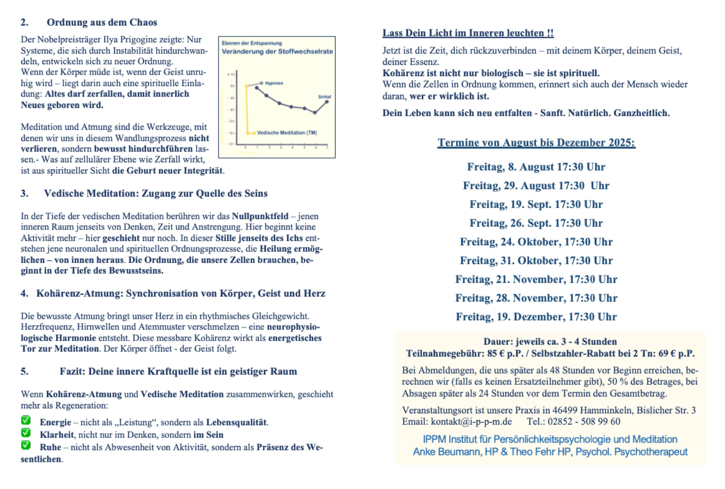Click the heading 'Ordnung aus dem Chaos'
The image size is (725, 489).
(102, 22)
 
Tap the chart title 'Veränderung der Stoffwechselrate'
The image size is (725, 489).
(277, 51)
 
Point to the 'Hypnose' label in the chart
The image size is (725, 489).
(274, 83)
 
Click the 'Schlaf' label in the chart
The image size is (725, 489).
(324, 97)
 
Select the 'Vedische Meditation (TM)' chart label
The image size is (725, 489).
(287, 133)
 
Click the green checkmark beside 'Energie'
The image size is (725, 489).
(26, 420)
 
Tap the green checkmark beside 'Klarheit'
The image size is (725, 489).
(26, 432)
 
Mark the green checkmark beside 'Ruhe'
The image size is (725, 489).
(26, 445)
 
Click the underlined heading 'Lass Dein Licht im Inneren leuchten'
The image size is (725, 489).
(468, 33)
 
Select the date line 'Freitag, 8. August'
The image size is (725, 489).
(536, 167)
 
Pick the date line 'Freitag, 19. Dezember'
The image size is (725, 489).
(536, 316)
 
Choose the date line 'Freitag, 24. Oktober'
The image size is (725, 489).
(536, 241)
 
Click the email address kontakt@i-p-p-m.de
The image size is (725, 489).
(471, 421)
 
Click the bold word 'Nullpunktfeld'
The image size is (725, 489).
(260, 216)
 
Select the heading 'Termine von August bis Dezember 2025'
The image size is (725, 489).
(536, 142)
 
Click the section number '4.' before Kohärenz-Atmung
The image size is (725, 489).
(25, 294)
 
